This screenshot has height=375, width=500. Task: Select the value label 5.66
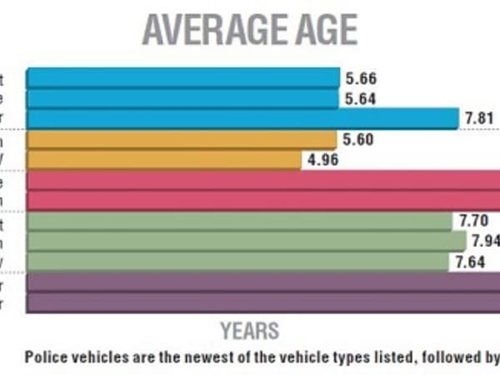(x=359, y=79)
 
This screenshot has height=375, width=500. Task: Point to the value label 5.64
(x=359, y=99)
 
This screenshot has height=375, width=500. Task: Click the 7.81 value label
(x=478, y=119)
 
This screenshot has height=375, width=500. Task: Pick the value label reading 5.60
(x=357, y=140)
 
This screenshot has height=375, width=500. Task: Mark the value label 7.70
(x=473, y=222)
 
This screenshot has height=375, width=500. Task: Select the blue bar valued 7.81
(x=242, y=118)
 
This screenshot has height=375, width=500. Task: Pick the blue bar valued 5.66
(x=182, y=78)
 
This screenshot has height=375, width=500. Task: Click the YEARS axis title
(x=249, y=330)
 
